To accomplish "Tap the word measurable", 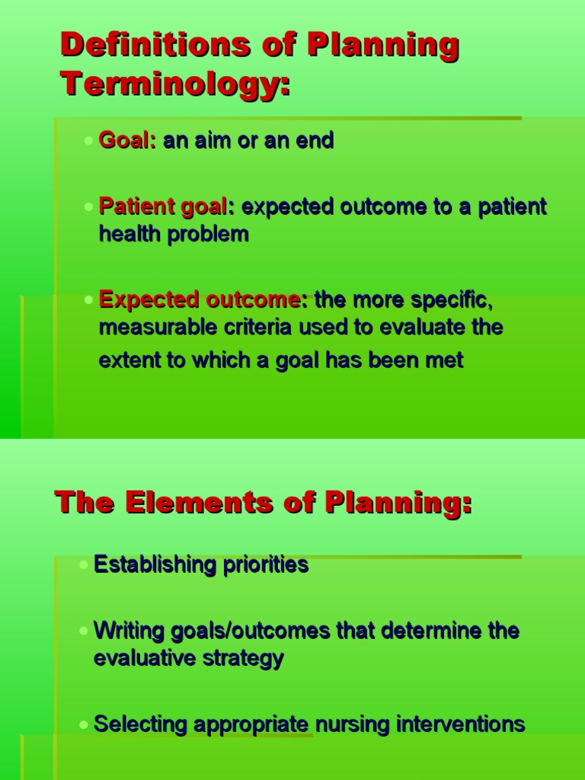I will point(152,328).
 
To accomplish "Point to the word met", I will point(446,360).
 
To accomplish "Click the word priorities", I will point(264,565).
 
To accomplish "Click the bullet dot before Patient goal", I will point(89,207).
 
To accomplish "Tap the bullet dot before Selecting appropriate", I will point(83,724).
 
